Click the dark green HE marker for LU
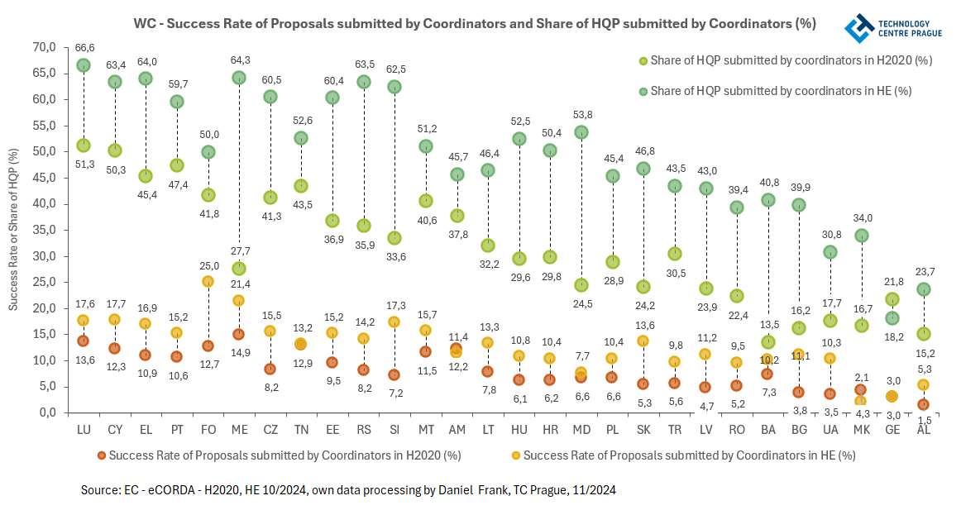84,65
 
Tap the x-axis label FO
208,431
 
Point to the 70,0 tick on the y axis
43,47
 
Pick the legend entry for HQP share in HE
781,91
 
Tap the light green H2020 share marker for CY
115,150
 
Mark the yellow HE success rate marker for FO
208,282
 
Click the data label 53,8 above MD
581,115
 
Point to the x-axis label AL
924,431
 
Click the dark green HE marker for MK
861,236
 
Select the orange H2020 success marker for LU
84,341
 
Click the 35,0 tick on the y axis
43,230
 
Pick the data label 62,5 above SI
394,69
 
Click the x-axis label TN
301,431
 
